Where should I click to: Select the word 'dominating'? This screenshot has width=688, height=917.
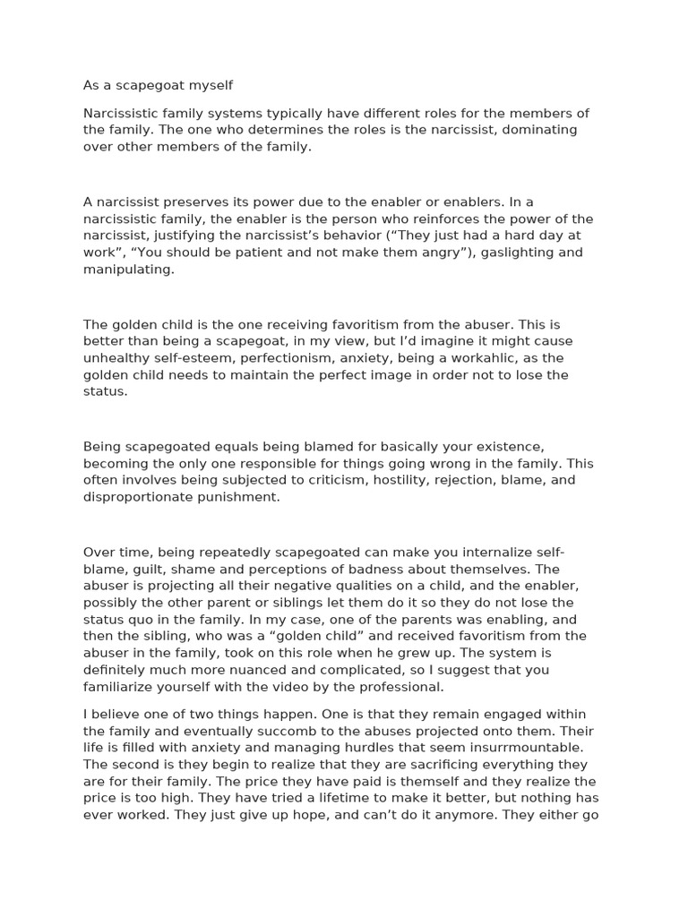point(537,130)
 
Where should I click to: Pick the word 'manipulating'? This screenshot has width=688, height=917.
point(129,270)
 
